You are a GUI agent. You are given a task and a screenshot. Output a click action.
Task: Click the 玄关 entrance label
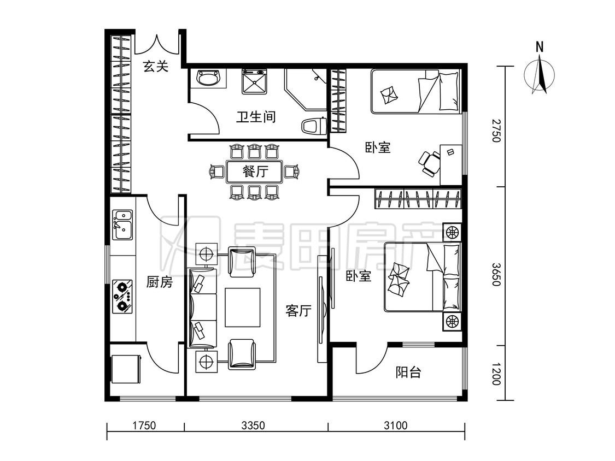(x=156, y=66)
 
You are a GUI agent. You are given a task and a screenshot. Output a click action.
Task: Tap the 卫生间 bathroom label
(x=256, y=116)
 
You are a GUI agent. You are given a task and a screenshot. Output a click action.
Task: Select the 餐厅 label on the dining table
(x=255, y=172)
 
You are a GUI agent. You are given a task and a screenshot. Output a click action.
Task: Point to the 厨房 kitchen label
(x=159, y=281)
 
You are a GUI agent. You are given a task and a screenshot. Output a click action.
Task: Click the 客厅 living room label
(x=298, y=311)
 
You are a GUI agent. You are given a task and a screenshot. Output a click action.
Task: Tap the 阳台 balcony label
(x=408, y=371)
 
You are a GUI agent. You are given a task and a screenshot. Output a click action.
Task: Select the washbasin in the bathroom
(x=209, y=79)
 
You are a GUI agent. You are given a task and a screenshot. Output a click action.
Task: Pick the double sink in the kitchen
(x=122, y=224)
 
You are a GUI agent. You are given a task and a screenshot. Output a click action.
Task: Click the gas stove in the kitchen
(x=122, y=296)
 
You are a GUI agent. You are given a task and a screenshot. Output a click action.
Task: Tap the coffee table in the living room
(x=242, y=308)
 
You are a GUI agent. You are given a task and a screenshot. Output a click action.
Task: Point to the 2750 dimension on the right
(x=496, y=131)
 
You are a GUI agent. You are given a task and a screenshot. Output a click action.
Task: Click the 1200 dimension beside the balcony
(x=496, y=374)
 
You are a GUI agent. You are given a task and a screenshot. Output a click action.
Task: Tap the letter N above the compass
(x=540, y=47)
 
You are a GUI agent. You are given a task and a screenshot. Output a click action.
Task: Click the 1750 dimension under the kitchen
(x=144, y=425)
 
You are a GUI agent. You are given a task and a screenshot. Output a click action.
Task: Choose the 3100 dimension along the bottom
(x=395, y=425)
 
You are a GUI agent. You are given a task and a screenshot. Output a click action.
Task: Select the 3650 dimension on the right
(x=496, y=274)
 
